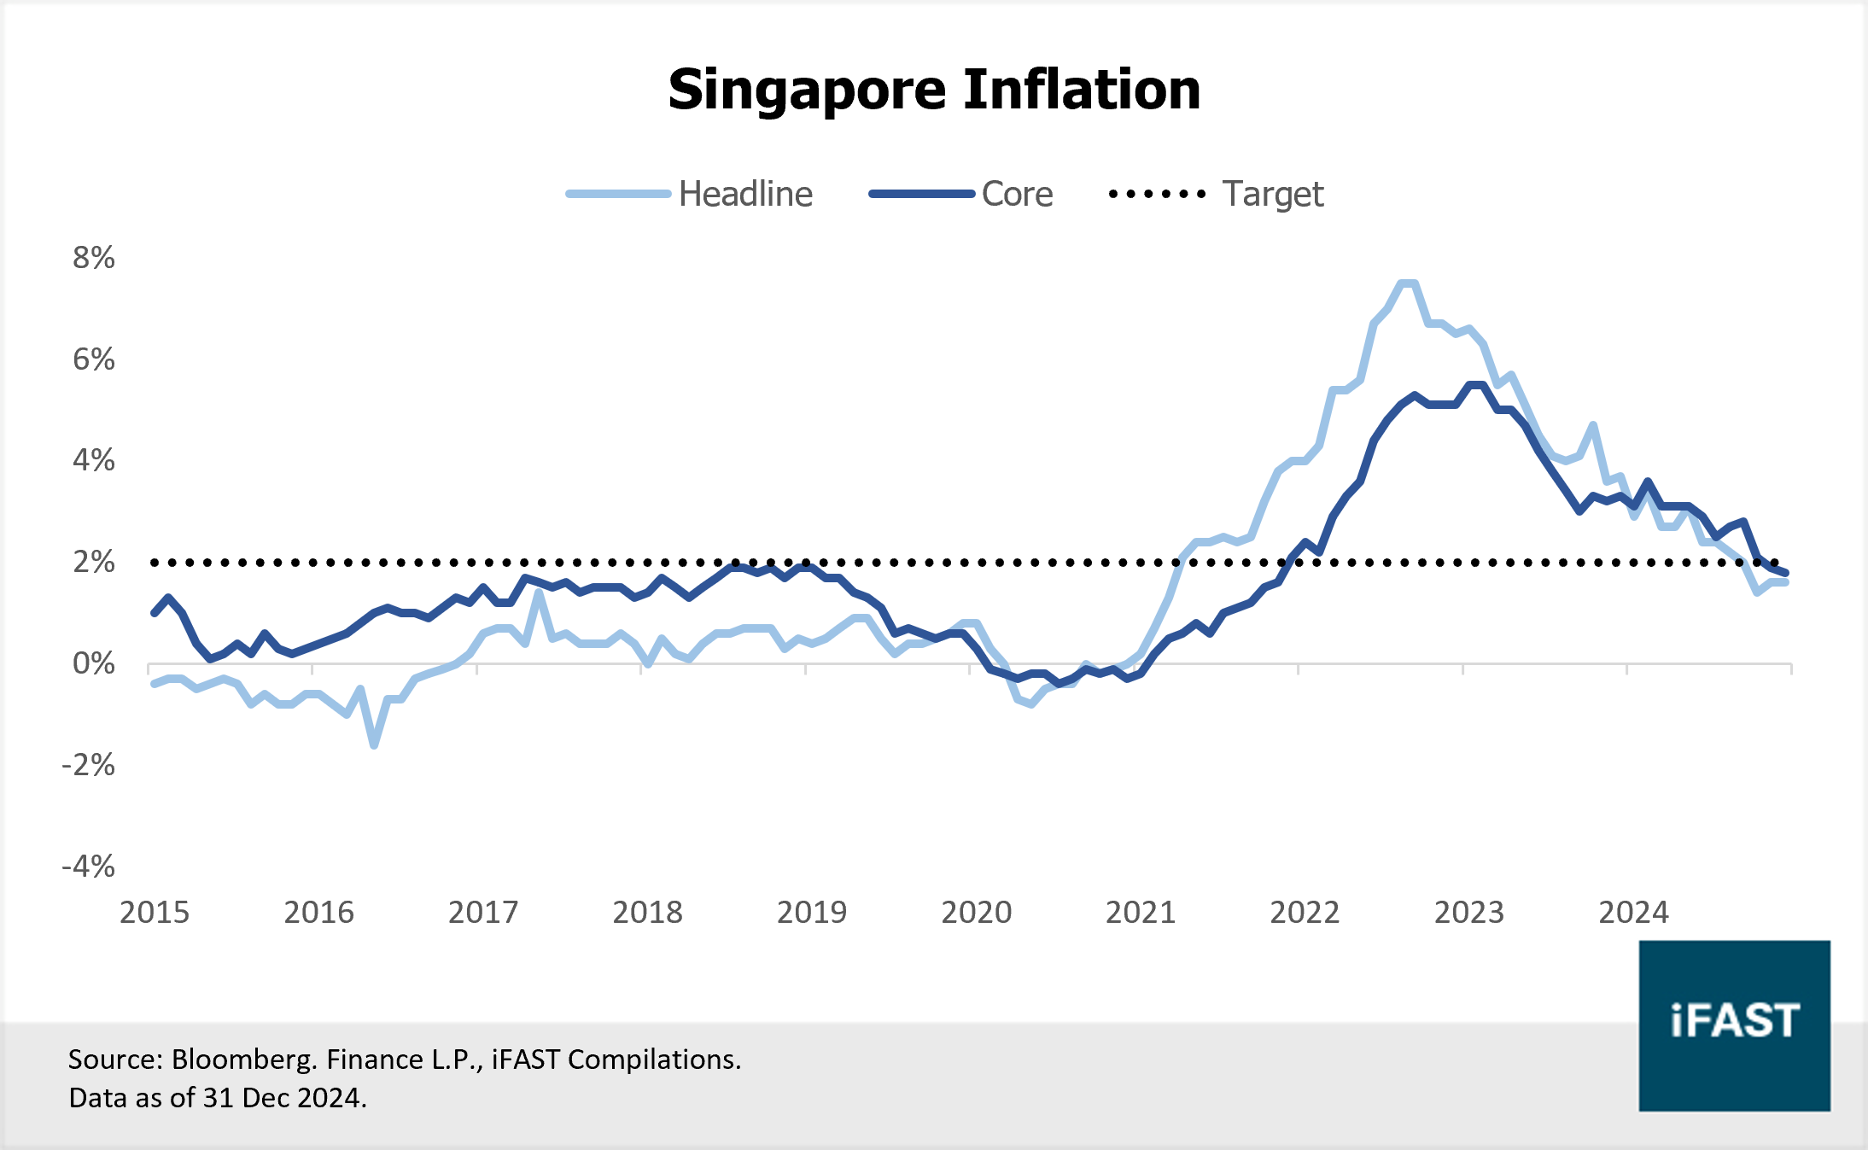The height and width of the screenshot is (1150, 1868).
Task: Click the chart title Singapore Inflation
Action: coord(934,90)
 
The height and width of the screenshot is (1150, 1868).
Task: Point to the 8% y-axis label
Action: coord(94,258)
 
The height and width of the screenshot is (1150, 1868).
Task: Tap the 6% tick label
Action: coord(94,359)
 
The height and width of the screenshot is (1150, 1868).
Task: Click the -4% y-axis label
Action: coord(89,867)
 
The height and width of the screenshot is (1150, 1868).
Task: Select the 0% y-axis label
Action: coord(94,663)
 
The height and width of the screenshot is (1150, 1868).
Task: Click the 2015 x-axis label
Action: coord(155,913)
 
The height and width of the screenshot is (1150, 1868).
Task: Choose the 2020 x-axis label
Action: coord(976,913)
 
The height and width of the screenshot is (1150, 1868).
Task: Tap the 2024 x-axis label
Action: coord(1632,913)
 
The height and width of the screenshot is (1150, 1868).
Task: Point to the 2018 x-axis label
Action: coord(647,913)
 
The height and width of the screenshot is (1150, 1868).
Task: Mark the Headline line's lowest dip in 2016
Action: coord(374,744)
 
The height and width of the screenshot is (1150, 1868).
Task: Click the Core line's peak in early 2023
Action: coord(1477,385)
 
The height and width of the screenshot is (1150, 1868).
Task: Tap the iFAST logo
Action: coord(1734,1024)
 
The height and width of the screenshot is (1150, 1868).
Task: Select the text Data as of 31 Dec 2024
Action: coord(218,1098)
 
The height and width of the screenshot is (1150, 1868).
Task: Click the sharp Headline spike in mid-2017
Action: coord(539,592)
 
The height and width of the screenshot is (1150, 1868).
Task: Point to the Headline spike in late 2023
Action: coord(1593,425)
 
